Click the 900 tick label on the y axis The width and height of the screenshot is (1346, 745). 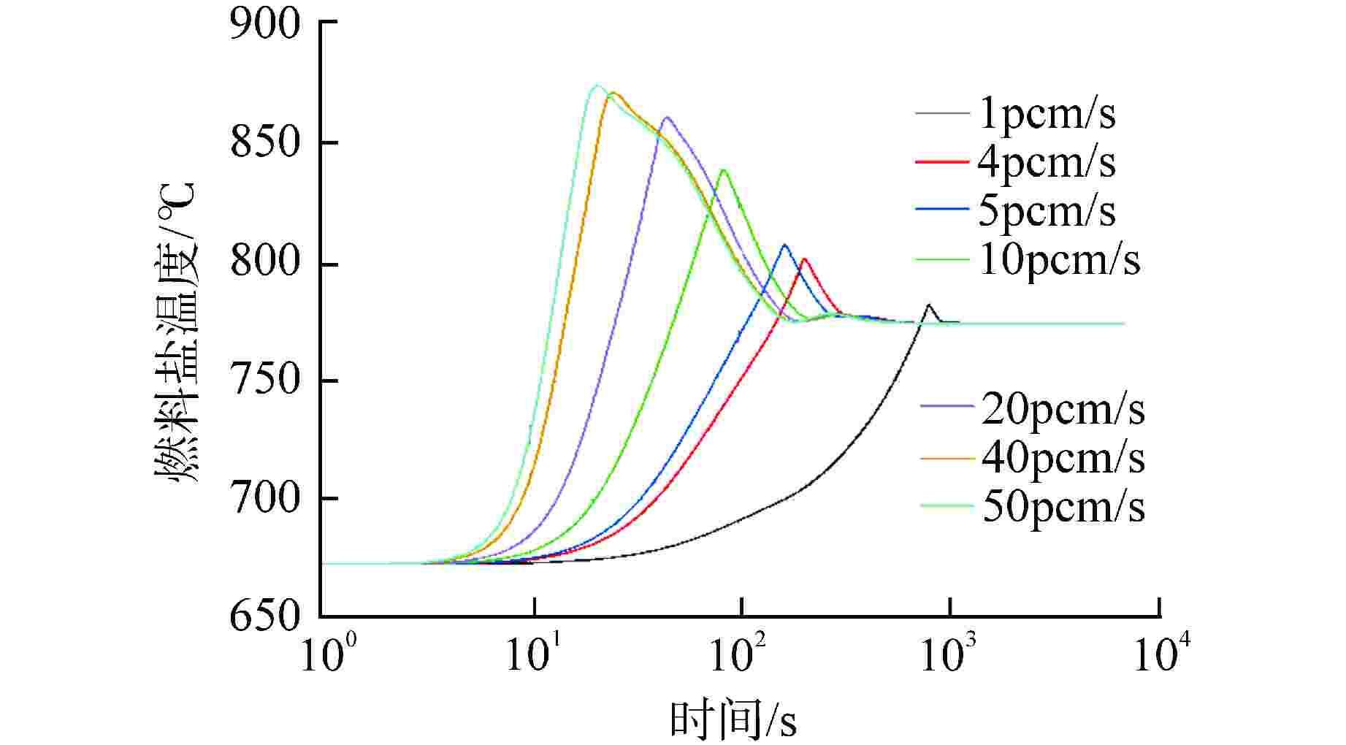pyautogui.click(x=264, y=23)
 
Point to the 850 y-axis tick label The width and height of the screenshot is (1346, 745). pyautogui.click(x=264, y=142)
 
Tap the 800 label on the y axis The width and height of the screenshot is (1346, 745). pyautogui.click(x=264, y=261)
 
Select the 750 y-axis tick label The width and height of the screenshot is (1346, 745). pyautogui.click(x=264, y=380)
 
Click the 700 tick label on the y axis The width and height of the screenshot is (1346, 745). pyautogui.click(x=264, y=498)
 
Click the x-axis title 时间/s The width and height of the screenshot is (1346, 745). pyautogui.click(x=733, y=719)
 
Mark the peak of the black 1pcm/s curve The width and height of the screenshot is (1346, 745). pyautogui.click(x=928, y=305)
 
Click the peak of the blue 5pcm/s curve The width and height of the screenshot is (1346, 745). pyautogui.click(x=785, y=245)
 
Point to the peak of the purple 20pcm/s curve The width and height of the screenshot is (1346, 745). pyautogui.click(x=666, y=118)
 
